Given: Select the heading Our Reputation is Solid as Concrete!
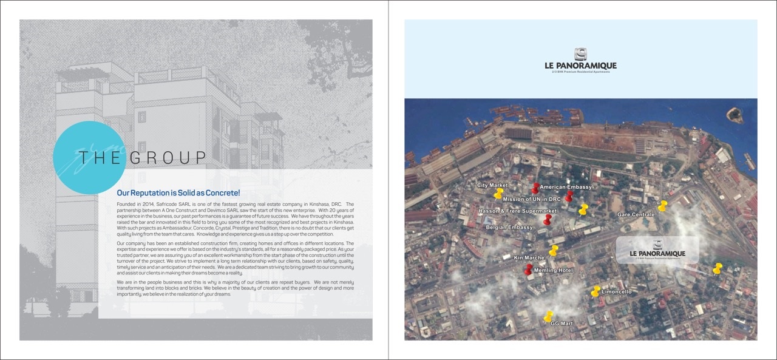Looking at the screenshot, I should coord(178,192).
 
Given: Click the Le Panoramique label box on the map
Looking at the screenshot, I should coord(657,250).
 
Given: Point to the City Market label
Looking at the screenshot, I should coord(492,185).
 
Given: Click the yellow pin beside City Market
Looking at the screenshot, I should coord(499,193).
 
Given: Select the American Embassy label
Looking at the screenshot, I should coord(565,187).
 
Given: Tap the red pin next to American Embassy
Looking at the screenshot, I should coord(535,188).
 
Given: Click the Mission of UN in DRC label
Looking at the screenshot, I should coord(532,199).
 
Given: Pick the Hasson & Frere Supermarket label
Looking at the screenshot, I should coord(518,211).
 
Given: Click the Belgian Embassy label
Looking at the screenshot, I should coord(509,227).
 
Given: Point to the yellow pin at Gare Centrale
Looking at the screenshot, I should coord(662,206).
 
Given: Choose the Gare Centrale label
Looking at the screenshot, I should coord(636,215).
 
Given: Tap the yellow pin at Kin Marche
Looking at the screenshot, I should coord(553,251).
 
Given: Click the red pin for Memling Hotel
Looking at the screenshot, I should coord(528,268).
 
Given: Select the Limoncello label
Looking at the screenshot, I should coord(617,292).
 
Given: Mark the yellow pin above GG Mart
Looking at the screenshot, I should coord(548,316).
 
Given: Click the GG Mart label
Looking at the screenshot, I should coord(562,324).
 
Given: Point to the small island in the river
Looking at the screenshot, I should coord(735,114).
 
